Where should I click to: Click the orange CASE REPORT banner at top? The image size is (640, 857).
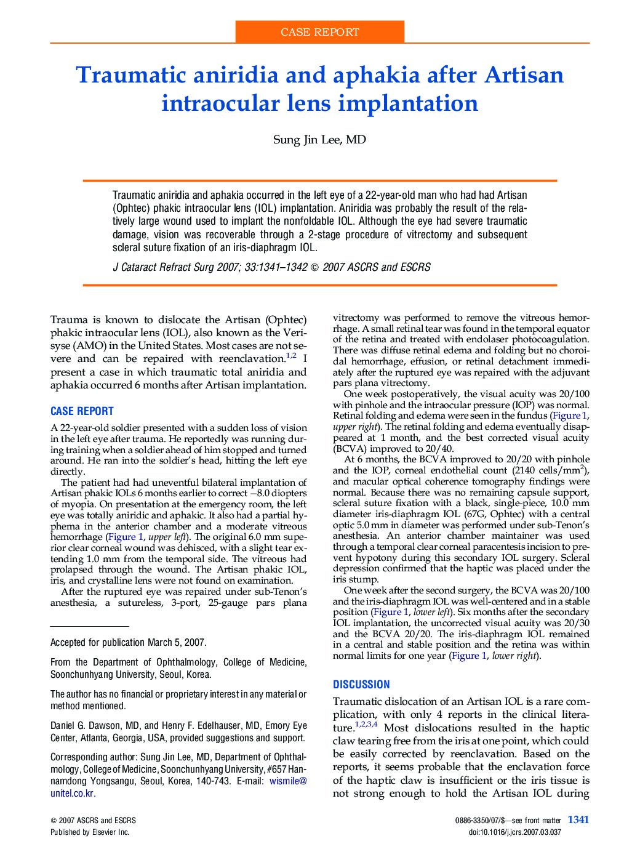(319, 32)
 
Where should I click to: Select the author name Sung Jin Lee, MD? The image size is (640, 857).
(319, 140)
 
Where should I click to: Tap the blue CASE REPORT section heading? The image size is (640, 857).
(82, 411)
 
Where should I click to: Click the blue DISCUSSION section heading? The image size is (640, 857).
(361, 685)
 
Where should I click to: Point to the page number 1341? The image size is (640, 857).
(578, 819)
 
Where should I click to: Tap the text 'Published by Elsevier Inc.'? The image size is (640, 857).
(90, 832)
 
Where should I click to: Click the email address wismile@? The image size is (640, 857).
(288, 781)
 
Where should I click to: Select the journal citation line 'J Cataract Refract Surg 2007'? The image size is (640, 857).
(271, 267)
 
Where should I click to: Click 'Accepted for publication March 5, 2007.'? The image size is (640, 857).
(128, 642)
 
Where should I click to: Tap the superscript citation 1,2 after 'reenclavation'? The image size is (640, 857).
(291, 356)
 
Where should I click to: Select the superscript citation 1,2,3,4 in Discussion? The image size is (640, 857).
(366, 725)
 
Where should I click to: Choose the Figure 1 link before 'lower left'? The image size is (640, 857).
(390, 612)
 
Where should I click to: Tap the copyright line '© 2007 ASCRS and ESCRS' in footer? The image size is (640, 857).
(93, 820)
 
